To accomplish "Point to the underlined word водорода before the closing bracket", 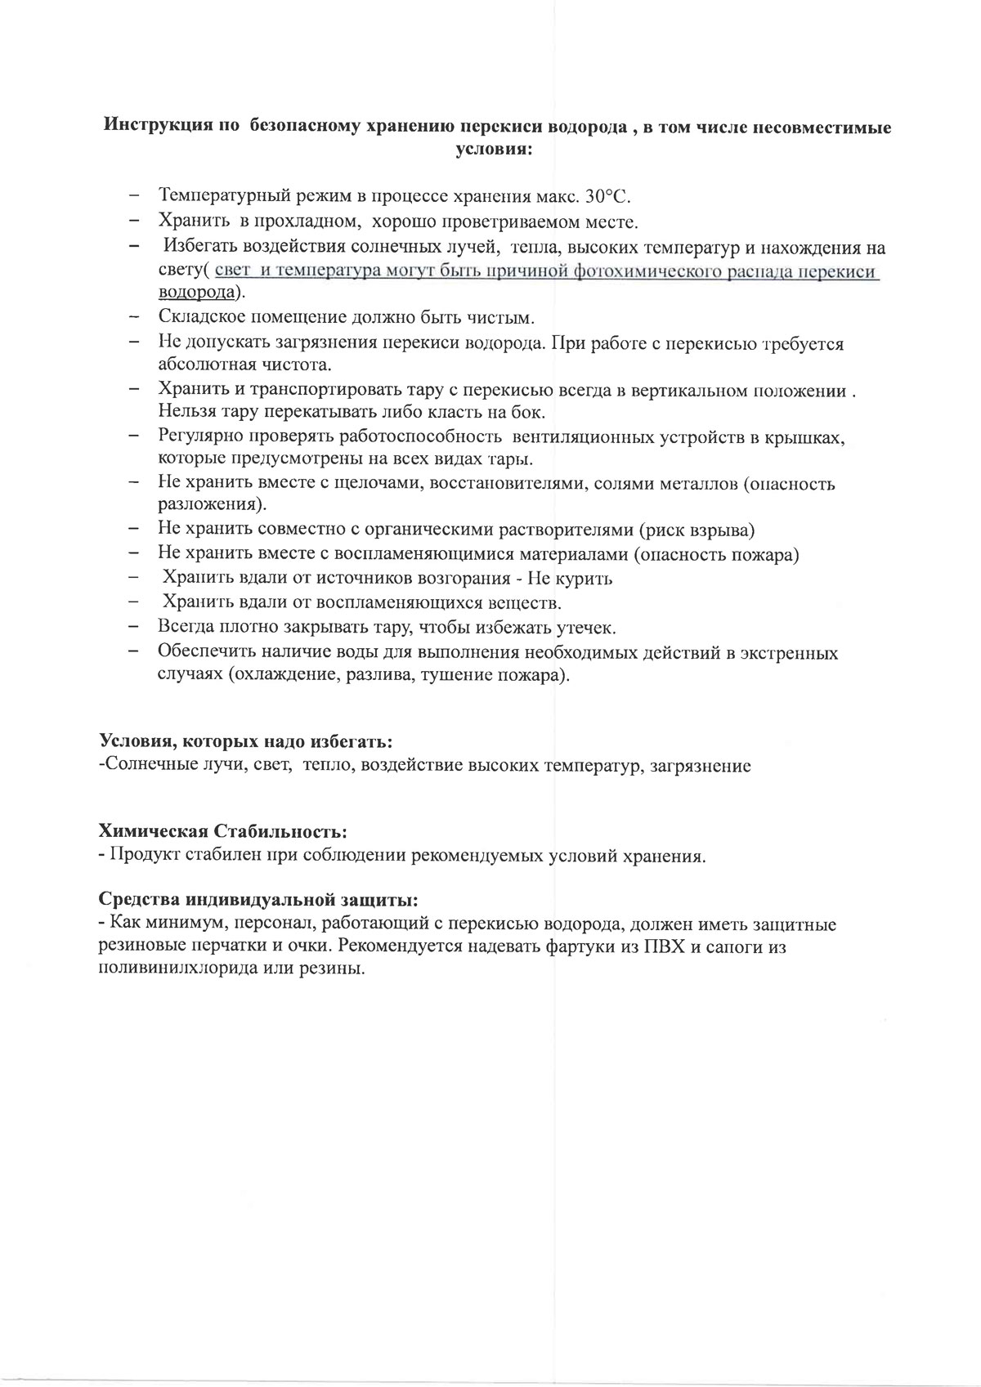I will (x=195, y=293).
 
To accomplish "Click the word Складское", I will (x=198, y=317).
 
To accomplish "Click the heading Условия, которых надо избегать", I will (x=245, y=741).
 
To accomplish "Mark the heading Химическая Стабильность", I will (x=222, y=831).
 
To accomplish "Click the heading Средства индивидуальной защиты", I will (x=258, y=899).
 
